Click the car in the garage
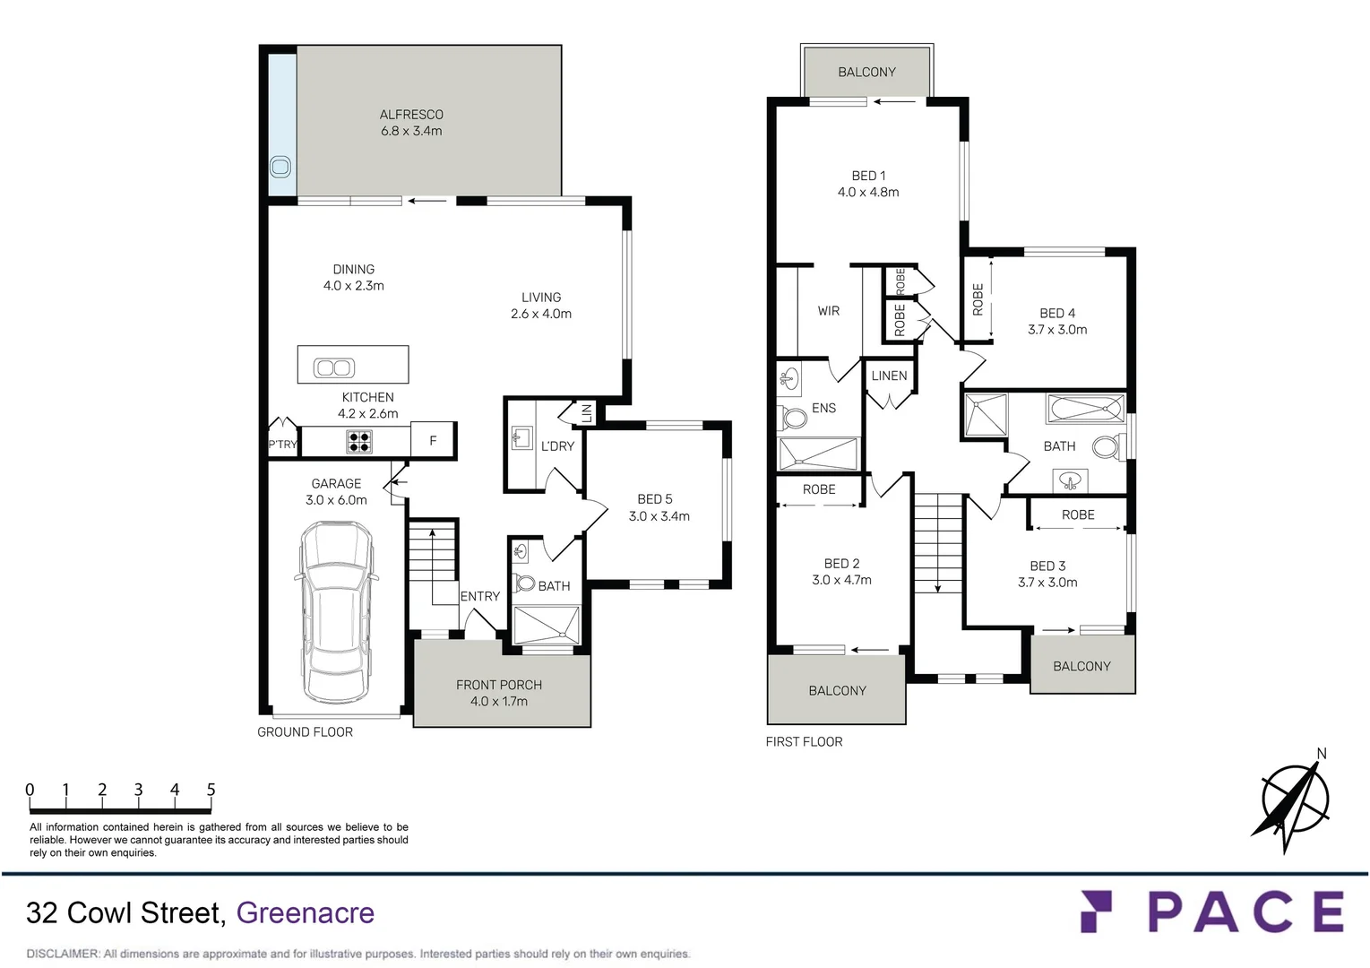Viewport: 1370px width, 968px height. [337, 612]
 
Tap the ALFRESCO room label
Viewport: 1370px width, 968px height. [411, 115]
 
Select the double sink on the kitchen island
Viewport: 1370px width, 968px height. [334, 367]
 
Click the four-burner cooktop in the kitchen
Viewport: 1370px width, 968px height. [359, 441]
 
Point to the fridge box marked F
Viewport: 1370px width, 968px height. [433, 440]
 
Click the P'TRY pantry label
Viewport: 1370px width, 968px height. [282, 445]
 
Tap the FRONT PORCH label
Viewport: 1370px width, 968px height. [499, 686]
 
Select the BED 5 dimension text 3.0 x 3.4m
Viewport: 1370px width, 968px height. [659, 516]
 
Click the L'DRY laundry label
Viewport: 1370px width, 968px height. [558, 446]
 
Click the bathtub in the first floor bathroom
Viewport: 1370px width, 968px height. [1086, 409]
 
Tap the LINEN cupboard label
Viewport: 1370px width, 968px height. [889, 376]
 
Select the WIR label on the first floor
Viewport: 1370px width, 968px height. [829, 311]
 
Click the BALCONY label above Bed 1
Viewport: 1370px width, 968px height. [866, 73]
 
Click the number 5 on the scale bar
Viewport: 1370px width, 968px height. [211, 790]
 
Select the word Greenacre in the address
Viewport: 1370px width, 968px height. [306, 913]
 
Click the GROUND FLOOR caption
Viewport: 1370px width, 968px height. [306, 731]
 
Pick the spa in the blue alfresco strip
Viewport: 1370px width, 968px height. [280, 167]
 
